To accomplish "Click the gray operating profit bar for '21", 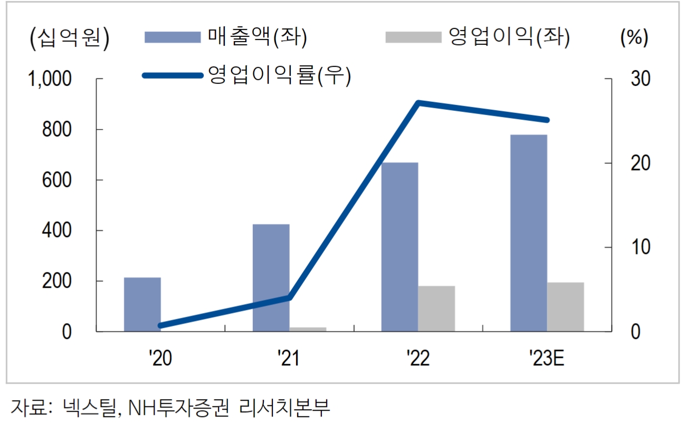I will pos(308,329).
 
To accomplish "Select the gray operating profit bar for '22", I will pos(436,309).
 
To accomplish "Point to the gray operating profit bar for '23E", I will pos(565,307).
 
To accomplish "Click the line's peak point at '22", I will pos(418,102).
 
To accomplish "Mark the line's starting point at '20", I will pos(160,326).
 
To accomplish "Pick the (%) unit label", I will pos(634,38).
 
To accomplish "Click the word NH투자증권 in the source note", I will pos(179,406).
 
